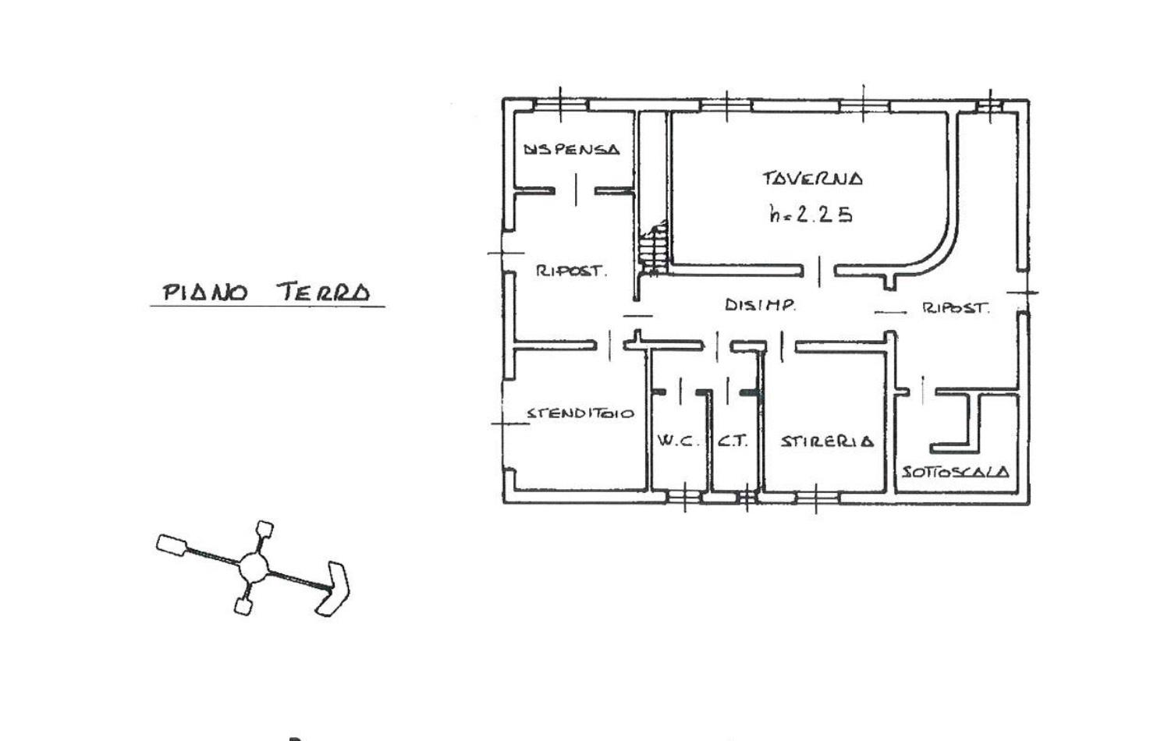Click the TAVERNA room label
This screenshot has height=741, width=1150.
tap(812, 178)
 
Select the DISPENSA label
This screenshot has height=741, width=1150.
tap(571, 149)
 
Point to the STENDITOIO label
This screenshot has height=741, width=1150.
tap(580, 413)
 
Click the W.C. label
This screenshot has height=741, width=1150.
tap(678, 441)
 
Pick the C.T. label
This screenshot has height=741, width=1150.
tap(733, 441)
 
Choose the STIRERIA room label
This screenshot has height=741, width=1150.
tap(827, 441)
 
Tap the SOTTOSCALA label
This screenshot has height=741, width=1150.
tap(956, 472)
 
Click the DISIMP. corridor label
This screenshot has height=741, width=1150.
tap(761, 305)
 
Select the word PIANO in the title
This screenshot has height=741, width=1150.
tap(205, 292)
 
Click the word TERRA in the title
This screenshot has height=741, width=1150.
tap(324, 292)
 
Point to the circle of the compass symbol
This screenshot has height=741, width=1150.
tap(254, 566)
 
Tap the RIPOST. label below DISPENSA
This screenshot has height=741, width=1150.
tap(571, 271)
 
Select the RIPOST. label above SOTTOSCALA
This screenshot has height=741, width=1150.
tap(956, 308)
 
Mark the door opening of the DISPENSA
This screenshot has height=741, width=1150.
tap(576, 190)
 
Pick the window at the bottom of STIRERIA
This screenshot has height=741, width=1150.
tap(816, 497)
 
